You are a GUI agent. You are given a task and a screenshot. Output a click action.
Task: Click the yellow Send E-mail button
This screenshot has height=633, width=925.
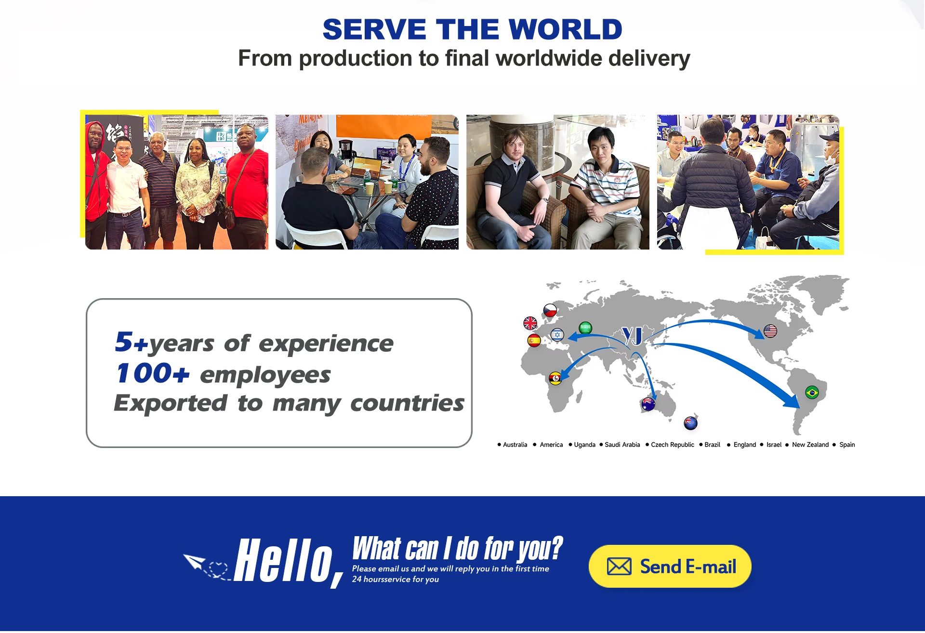tap(670, 567)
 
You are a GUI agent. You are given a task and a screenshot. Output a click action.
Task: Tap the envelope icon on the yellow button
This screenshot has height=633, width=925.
tap(619, 567)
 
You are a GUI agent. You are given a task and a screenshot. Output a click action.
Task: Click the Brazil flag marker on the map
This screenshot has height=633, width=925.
tap(812, 393)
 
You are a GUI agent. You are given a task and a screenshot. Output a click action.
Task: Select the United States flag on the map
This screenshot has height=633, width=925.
tap(770, 331)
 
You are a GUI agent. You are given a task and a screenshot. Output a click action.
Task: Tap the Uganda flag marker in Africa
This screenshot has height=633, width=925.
tap(555, 378)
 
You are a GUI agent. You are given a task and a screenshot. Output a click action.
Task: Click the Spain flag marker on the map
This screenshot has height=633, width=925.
tap(534, 341)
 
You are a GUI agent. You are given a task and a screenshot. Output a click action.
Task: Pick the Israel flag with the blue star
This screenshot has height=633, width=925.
tap(557, 334)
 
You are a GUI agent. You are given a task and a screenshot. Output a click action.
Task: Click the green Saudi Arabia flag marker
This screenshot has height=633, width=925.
tap(585, 328)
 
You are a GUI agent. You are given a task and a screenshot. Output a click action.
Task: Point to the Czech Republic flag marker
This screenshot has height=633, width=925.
tap(550, 310)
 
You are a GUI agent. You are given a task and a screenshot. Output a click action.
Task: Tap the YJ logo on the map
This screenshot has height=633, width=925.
tap(633, 335)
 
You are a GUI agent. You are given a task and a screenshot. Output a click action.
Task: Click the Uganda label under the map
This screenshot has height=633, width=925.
tap(584, 445)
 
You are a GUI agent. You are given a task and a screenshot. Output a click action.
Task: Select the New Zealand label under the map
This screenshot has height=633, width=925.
tap(810, 445)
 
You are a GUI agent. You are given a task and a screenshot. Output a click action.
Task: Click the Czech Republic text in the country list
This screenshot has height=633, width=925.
tap(673, 445)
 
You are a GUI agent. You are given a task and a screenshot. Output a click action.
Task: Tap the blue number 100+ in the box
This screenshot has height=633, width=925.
tap(152, 373)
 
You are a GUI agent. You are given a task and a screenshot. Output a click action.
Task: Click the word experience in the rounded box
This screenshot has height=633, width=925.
tap(326, 344)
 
